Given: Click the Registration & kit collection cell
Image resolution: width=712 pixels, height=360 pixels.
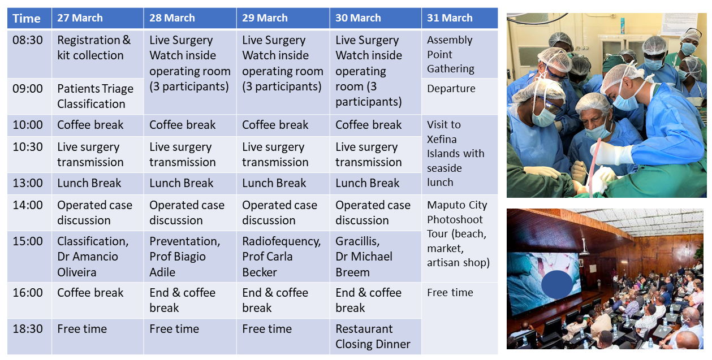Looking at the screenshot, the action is point(98,54).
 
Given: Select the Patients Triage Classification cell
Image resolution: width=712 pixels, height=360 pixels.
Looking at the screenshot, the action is point(98,96).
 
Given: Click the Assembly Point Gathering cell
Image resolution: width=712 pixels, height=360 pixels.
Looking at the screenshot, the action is point(460,54).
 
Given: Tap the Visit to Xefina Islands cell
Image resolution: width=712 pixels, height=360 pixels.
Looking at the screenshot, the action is point(460,154).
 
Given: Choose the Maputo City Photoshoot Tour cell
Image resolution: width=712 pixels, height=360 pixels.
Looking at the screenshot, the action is point(460,238).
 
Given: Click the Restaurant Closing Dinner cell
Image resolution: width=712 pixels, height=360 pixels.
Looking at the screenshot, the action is point(376,336).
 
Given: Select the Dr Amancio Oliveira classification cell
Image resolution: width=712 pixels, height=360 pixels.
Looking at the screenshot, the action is point(98,257).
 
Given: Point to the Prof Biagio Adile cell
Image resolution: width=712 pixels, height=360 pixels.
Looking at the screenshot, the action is point(190,257).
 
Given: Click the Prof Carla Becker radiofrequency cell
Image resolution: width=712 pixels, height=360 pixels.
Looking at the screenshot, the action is point(283,257).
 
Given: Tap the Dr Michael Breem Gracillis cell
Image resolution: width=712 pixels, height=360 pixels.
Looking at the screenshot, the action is point(376,257).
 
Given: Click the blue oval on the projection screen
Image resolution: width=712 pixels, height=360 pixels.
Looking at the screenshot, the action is point(557,284).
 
